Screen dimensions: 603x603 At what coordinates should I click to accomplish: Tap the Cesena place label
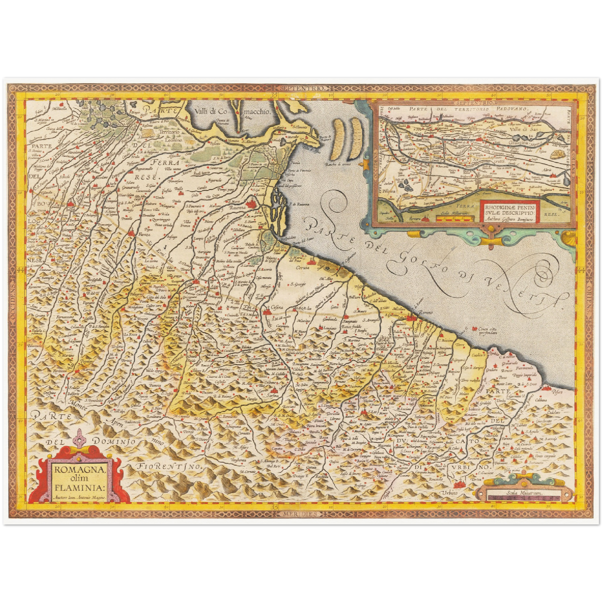tap(278, 308)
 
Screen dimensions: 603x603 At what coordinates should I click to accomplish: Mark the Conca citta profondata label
tap(494, 330)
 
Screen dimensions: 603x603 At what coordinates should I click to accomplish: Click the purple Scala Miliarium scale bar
tap(523, 497)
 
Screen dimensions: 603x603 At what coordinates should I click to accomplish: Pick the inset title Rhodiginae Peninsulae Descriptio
tap(510, 207)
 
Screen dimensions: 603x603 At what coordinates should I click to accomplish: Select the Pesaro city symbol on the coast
tap(548, 388)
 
